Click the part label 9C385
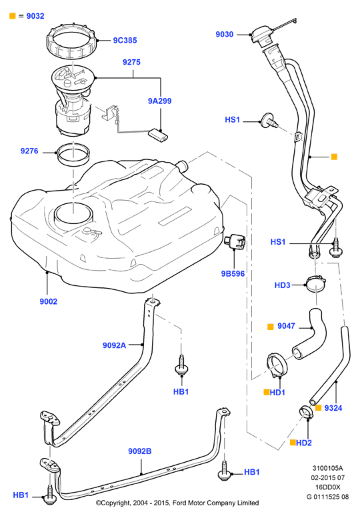click(125, 40)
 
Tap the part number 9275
click(131, 62)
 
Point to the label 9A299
click(159, 101)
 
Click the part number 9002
click(49, 301)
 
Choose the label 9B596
click(233, 273)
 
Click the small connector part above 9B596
click(235, 241)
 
